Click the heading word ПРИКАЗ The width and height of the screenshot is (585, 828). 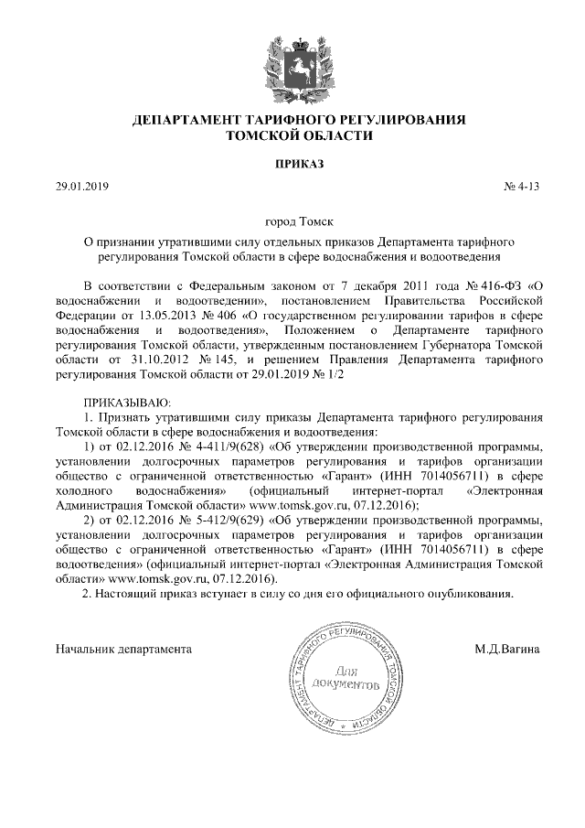pos(292,165)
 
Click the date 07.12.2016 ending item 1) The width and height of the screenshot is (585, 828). pos(386,503)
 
